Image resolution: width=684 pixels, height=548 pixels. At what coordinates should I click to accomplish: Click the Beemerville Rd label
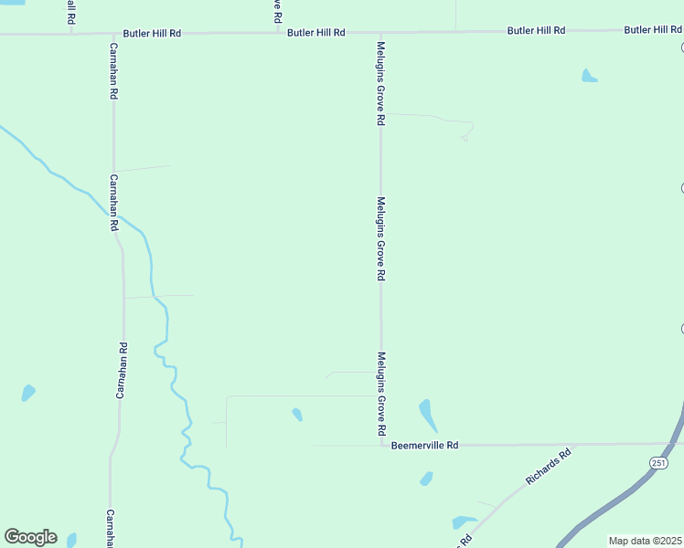[423, 446]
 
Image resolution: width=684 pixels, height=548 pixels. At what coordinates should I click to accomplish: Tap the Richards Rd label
[548, 466]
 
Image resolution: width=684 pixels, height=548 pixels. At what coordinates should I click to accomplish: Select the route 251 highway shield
[659, 463]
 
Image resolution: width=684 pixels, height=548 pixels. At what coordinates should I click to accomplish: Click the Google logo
[30, 537]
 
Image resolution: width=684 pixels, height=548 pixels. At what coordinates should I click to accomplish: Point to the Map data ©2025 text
[646, 541]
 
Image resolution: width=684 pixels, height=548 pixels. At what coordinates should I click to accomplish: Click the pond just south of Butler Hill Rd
[589, 76]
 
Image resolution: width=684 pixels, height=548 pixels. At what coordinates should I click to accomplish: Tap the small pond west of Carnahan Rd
[28, 394]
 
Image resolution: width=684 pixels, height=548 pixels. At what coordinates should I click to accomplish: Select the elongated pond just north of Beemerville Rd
[427, 415]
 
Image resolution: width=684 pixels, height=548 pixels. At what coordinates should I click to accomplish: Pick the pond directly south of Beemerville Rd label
[426, 479]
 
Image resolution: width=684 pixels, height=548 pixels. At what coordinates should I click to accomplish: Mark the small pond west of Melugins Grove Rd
[297, 415]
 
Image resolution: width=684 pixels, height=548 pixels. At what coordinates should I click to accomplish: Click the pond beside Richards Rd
[464, 523]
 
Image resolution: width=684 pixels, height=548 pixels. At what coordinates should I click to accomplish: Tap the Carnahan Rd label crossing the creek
[114, 202]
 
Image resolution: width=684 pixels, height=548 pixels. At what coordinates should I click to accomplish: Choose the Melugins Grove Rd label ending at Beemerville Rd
[381, 394]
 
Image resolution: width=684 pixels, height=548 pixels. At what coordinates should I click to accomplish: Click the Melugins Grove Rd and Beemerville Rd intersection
[381, 446]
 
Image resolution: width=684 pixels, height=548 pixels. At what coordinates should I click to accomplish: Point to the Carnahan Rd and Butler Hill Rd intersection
[112, 34]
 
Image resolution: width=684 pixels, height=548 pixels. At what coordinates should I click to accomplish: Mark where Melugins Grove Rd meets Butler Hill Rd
[380, 33]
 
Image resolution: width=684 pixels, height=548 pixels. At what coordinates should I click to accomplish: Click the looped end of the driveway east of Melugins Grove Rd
[465, 137]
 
